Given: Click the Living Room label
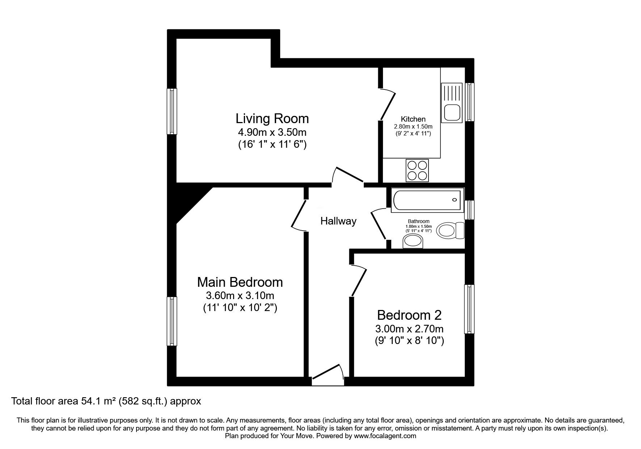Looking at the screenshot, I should [272, 118].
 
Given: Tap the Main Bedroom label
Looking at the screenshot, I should [240, 282].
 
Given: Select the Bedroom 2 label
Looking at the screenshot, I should [409, 315].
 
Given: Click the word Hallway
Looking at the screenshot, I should [338, 221].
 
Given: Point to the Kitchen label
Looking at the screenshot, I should [413, 119].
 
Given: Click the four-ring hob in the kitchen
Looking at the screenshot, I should [417, 170].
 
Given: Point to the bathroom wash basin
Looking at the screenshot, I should [413, 242].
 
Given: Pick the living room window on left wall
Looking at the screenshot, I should [172, 111].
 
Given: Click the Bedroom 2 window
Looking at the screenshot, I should [469, 309].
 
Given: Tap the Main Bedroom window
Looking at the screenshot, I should [172, 321].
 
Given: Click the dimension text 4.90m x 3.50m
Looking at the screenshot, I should [272, 133].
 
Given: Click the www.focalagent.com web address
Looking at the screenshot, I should [385, 436].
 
